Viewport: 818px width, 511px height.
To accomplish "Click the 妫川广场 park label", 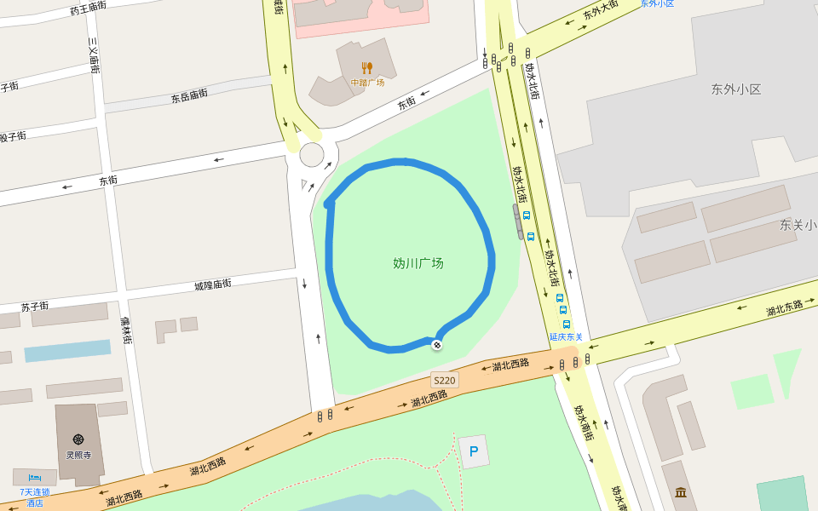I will click(x=418, y=263).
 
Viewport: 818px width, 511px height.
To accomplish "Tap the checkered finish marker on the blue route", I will click(x=436, y=345).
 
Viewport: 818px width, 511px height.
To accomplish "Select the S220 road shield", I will click(x=444, y=380).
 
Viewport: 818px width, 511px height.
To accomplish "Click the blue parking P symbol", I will click(x=474, y=451).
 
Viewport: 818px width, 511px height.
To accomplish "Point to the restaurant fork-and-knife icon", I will click(x=367, y=67).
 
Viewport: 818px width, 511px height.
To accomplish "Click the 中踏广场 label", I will click(x=367, y=83).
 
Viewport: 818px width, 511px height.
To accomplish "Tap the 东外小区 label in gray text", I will click(x=735, y=89).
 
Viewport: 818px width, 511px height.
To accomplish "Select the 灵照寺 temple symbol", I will click(x=78, y=439).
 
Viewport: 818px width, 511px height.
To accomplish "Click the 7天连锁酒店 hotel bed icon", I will click(x=34, y=479).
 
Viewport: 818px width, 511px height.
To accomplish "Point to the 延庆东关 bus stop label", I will click(x=566, y=336).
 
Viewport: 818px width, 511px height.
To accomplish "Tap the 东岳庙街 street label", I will click(x=188, y=95).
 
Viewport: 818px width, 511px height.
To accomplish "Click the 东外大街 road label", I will click(x=600, y=11).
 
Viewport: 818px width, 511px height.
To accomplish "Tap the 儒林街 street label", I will click(x=126, y=330).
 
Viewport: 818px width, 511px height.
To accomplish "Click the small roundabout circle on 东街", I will click(x=312, y=154).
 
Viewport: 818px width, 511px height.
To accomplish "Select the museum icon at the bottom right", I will click(x=680, y=492).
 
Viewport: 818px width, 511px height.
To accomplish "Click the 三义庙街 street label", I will click(x=94, y=55).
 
